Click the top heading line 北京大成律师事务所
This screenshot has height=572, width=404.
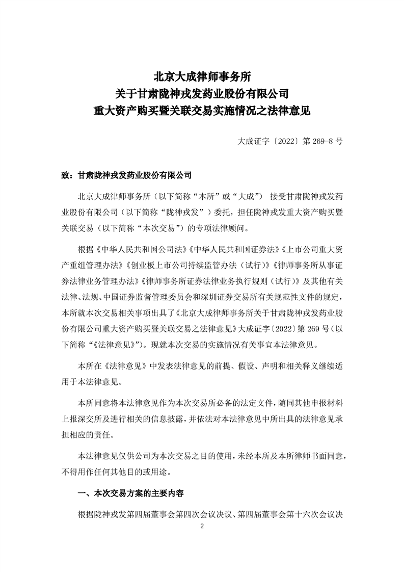tap(202, 77)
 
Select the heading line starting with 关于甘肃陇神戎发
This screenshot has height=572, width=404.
tap(202, 93)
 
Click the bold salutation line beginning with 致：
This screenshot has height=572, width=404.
tap(126, 175)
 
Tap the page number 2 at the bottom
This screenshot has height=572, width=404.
tap(202, 526)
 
